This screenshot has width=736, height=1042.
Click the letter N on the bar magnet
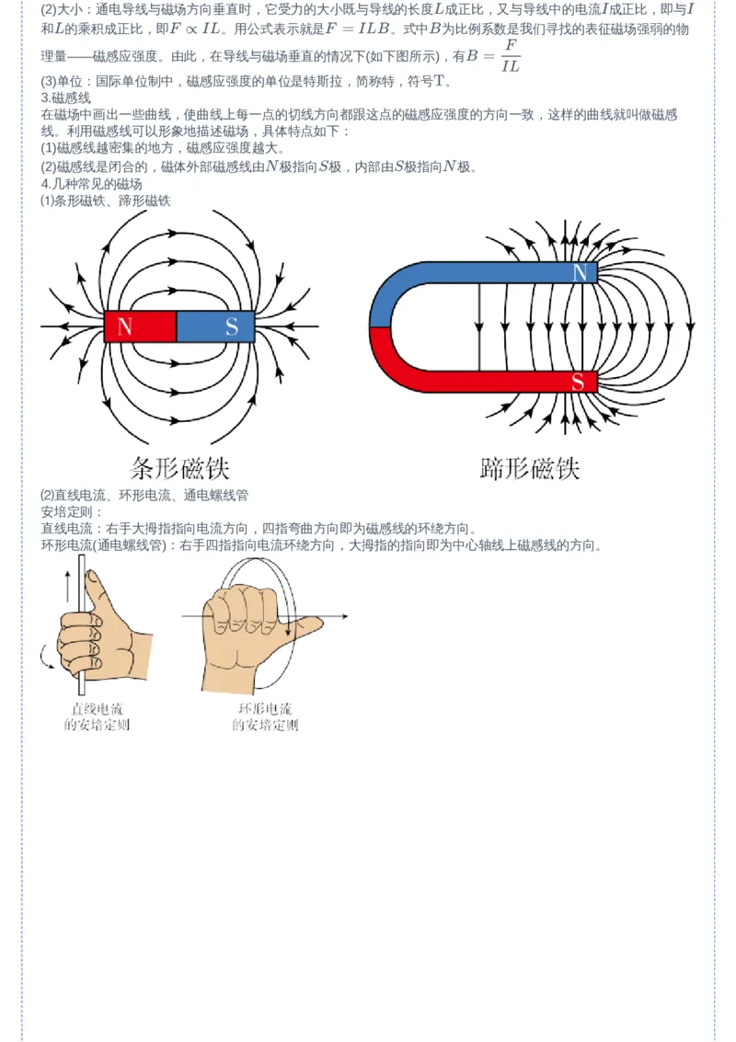click(x=125, y=326)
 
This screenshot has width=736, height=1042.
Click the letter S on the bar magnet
click(x=231, y=326)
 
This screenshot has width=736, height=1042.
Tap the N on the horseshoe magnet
click(x=581, y=272)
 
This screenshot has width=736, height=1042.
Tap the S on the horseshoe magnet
click(x=578, y=382)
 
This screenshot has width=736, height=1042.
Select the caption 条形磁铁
click(x=179, y=468)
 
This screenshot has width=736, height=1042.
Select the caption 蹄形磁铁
click(x=530, y=468)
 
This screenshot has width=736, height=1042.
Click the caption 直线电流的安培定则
click(x=98, y=717)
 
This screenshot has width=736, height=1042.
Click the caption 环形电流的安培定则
click(x=265, y=717)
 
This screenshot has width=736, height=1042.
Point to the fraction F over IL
click(x=511, y=55)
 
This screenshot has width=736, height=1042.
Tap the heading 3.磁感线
click(x=65, y=98)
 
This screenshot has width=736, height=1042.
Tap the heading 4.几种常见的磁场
click(x=91, y=184)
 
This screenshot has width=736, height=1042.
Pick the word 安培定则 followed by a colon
click(x=72, y=511)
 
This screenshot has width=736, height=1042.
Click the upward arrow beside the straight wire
click(x=67, y=586)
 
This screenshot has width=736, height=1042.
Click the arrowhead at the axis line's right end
click(x=344, y=616)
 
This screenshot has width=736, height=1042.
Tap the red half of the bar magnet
click(x=140, y=326)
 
